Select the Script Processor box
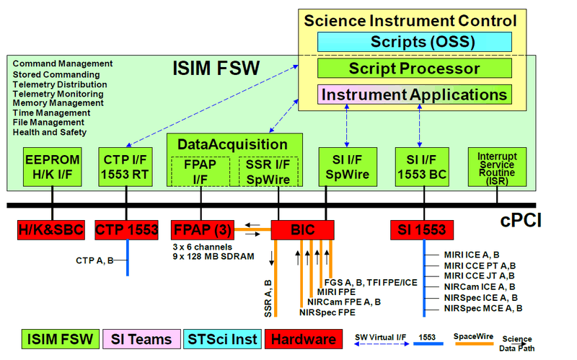click(x=414, y=69)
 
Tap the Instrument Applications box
click(x=414, y=95)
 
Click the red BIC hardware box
click(x=302, y=230)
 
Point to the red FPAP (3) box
click(x=201, y=230)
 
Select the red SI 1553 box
click(x=423, y=230)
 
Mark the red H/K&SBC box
click(x=51, y=230)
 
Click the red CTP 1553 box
click(x=127, y=230)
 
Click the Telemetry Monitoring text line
click(x=60, y=93)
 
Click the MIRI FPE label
click(x=342, y=291)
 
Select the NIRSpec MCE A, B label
click(x=483, y=307)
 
